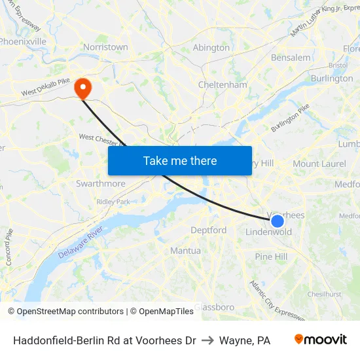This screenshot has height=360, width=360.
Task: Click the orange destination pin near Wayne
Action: pyautogui.click(x=83, y=88)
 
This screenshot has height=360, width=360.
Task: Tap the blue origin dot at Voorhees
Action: pyautogui.click(x=277, y=221)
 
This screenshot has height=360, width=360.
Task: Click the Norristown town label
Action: pyautogui.click(x=105, y=47)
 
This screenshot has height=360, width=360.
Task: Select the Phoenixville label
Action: pyautogui.click(x=23, y=41)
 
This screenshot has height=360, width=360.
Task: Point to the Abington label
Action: pyautogui.click(x=211, y=48)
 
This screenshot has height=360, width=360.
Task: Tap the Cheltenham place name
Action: pyautogui.click(x=223, y=85)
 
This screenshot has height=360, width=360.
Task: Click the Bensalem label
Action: pyautogui.click(x=291, y=58)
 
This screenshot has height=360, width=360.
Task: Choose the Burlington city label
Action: pyautogui.click(x=332, y=79)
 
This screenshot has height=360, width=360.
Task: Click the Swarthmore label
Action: pyautogui.click(x=100, y=184)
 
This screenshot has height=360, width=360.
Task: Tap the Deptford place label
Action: pyautogui.click(x=208, y=230)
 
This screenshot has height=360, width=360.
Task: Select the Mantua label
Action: pyautogui.click(x=185, y=251)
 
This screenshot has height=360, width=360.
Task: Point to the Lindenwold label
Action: pyautogui.click(x=268, y=232)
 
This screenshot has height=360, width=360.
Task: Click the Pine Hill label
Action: pyautogui.click(x=271, y=257)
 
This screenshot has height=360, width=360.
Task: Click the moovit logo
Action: pyautogui.click(x=321, y=340)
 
